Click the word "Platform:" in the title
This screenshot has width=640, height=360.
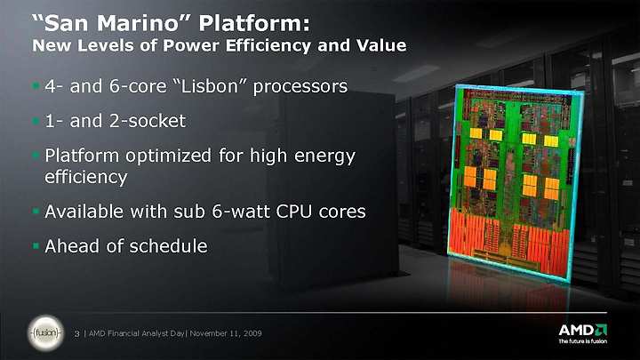[x=254, y=24]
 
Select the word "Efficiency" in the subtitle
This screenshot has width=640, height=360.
[x=268, y=45]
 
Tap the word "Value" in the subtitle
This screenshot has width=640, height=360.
[x=381, y=45]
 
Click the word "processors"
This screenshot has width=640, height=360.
[x=300, y=87]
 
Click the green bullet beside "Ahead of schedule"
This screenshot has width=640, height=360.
[x=36, y=246]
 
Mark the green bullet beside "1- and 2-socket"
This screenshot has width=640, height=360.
[x=36, y=121]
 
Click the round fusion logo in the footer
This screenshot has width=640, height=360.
[x=46, y=333]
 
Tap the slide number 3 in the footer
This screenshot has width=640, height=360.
[x=76, y=333]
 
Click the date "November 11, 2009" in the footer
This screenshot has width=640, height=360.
[x=226, y=333]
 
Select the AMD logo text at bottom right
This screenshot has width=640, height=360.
[x=582, y=330]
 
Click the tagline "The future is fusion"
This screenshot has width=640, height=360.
[x=582, y=341]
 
